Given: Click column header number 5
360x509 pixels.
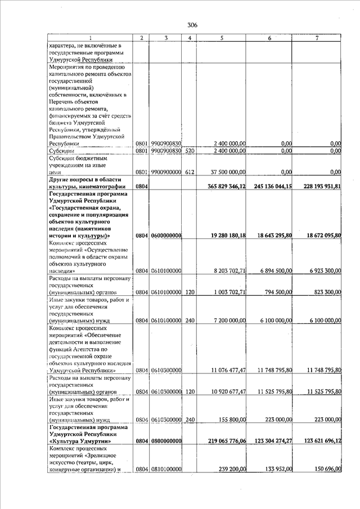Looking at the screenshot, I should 222,38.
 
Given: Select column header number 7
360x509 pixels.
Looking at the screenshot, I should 317,38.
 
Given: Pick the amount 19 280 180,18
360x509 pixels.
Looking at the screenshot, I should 224,235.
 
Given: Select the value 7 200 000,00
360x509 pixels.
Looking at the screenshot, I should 226,321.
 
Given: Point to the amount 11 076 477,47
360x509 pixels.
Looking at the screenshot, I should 225,371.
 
